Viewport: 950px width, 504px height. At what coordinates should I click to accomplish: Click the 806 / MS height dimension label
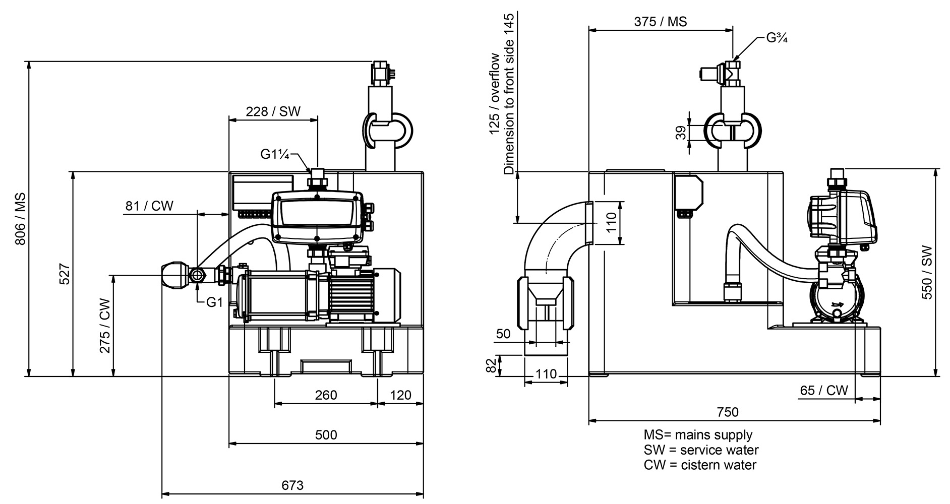click(20, 219)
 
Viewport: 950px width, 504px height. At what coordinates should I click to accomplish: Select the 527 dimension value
click(65, 274)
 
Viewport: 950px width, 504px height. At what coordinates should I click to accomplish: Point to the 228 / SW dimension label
click(273, 111)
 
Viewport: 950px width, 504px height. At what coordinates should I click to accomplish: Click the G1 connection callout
click(214, 302)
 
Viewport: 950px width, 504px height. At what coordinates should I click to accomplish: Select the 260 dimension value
click(326, 395)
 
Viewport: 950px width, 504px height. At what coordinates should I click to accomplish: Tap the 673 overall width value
click(292, 485)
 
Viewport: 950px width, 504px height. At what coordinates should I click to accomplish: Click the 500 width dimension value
click(326, 435)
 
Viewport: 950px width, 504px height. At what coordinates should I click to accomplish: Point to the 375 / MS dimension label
click(661, 21)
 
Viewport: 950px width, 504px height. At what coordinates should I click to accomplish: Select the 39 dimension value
click(681, 133)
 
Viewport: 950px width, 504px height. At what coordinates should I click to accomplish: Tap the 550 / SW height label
click(927, 273)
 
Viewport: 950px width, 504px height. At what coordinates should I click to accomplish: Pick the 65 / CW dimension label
click(824, 390)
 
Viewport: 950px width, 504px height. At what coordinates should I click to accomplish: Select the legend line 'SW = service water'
click(701, 450)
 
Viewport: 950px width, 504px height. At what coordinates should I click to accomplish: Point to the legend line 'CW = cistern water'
click(700, 465)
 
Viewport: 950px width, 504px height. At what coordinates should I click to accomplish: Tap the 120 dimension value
click(400, 395)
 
